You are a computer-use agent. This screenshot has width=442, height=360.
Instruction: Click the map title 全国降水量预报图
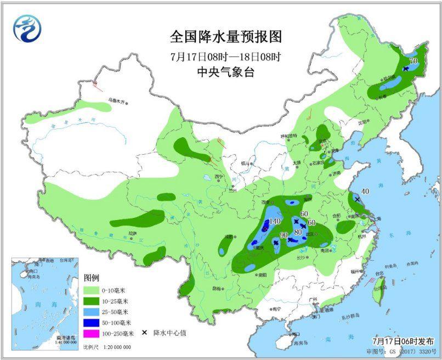[x=225, y=37]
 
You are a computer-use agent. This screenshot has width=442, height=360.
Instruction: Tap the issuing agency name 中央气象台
[x=225, y=72]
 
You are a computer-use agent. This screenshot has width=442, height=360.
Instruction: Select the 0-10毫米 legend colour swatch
[x=90, y=290]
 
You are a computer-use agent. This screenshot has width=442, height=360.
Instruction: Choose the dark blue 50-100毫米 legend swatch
[x=90, y=322]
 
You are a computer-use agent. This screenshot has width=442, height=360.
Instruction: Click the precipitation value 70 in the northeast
[x=413, y=61]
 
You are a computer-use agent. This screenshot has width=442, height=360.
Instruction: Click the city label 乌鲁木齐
[x=116, y=101]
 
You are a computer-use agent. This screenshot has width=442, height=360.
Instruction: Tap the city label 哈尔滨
[x=389, y=78]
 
